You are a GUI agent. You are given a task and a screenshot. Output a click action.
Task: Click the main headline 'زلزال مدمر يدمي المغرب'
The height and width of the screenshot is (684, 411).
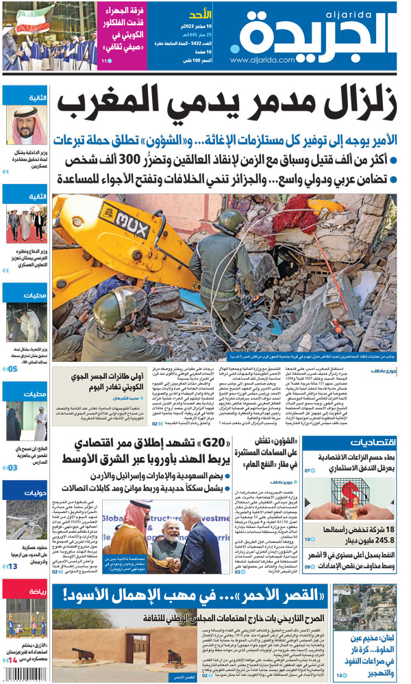226,104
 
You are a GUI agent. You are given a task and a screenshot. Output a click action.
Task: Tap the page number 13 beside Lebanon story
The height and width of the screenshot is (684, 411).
340,676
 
